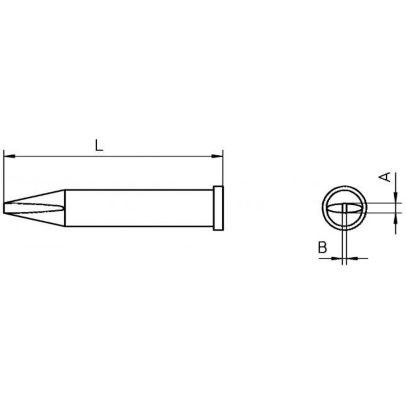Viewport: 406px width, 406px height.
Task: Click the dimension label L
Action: point(99,145)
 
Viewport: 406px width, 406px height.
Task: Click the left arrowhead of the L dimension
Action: point(7,156)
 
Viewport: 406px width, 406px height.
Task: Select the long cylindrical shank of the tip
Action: point(138,208)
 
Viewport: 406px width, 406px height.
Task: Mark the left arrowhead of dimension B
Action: point(338,259)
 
